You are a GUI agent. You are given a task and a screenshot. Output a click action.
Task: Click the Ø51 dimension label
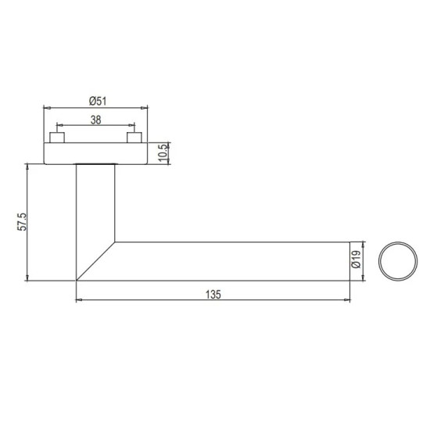tap(98, 101)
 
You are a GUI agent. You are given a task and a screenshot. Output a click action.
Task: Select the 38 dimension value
tap(95, 120)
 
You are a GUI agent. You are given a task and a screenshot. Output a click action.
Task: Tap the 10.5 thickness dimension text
tap(163, 153)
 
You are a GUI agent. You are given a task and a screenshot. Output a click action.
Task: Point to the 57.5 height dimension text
tap(22, 221)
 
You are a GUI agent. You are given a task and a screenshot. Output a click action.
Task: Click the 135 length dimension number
tap(213, 295)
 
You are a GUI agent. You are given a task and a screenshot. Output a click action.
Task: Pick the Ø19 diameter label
tap(356, 260)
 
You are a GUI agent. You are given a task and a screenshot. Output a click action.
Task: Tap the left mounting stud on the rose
tap(57, 138)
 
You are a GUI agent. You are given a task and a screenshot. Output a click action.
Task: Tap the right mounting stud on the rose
tap(134, 138)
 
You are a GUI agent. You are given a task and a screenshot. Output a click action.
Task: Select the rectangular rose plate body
tap(95, 153)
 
